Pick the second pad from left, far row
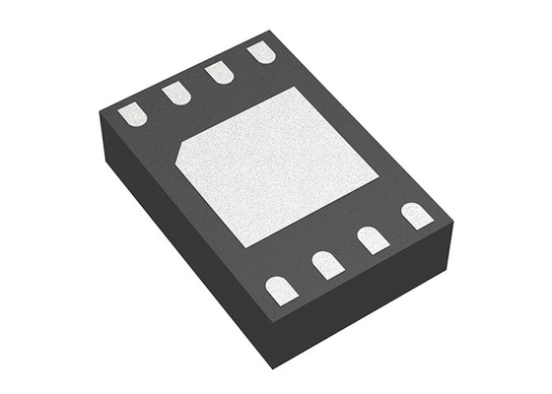pos(176,93)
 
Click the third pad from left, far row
pos(220,72)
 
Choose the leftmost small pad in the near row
pos(281,289)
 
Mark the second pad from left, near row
pos(326,263)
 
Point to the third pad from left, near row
pos(372,238)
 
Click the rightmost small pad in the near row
pos(416,215)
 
